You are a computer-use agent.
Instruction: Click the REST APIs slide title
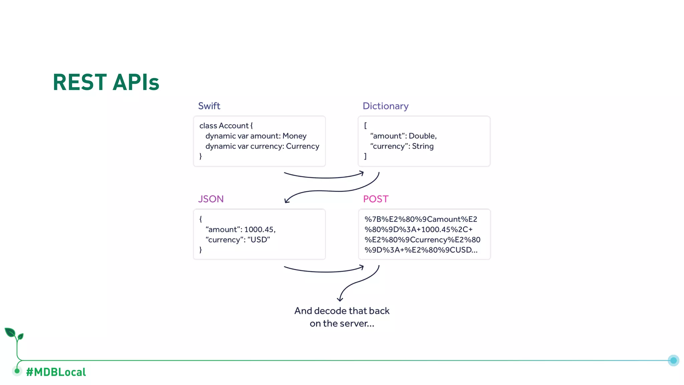coord(106,82)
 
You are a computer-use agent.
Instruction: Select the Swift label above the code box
coord(209,106)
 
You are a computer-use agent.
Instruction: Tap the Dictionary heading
coord(385,106)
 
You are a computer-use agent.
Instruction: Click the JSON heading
coord(211,199)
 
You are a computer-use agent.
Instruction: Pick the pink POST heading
coord(375,199)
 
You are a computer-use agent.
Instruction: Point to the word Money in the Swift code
coord(294,136)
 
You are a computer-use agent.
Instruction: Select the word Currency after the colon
coord(302,146)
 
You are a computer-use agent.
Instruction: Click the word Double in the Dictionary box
coord(422,136)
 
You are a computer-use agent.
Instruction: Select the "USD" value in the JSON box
coord(259,240)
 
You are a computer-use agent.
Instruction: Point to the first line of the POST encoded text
coord(420,219)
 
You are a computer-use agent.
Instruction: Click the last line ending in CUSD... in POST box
coord(420,250)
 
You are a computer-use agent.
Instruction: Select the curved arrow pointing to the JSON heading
coord(331,191)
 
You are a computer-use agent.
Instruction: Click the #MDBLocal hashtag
coord(56,372)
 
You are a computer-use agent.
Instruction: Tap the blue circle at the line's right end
coord(673,360)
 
